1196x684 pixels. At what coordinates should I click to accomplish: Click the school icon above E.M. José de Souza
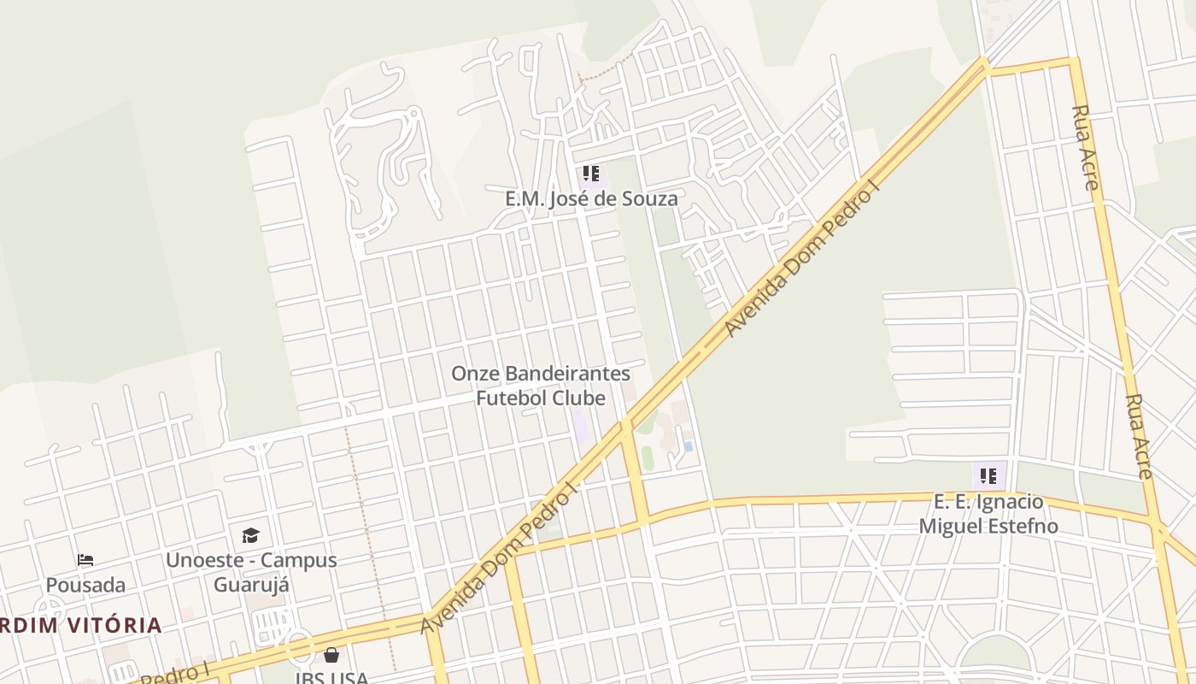pos(590,174)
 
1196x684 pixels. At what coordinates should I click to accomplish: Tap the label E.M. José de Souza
pos(591,199)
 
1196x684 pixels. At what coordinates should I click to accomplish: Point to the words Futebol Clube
pos(540,398)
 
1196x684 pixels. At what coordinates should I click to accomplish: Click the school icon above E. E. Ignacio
pos(988,476)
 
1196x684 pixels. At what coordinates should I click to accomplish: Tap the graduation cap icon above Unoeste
pos(250,535)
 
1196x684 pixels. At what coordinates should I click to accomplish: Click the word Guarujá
pos(251,585)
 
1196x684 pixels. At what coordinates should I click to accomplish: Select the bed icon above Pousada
pos(85,561)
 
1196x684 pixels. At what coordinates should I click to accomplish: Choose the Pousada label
pos(85,586)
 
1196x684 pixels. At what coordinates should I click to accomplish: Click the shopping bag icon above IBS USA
pos(331,656)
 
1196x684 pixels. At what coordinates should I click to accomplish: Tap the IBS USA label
pos(331,678)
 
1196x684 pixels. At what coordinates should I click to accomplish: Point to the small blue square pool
pos(688,446)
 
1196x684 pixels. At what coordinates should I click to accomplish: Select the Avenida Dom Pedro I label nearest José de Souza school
pos(800,262)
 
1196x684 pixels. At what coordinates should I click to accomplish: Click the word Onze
pos(475,374)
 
